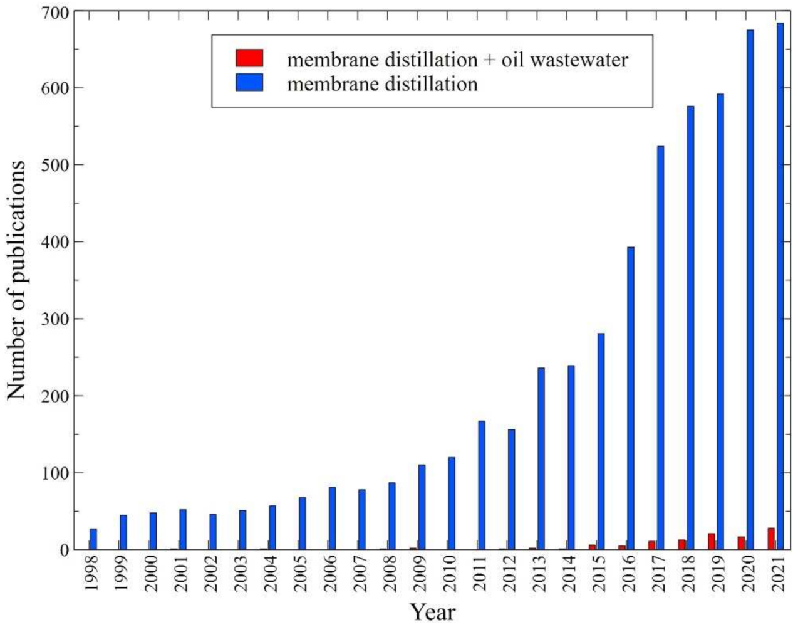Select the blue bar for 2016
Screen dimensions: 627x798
631,398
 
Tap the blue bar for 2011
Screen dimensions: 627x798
481,485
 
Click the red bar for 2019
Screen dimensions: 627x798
712,542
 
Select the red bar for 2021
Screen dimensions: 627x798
771,539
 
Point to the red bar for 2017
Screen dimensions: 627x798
651,545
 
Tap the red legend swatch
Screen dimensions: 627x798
249,58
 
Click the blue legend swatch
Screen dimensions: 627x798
249,83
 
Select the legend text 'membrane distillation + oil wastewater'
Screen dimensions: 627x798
457,60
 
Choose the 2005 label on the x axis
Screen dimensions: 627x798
301,574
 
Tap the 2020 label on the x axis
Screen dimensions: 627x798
749,574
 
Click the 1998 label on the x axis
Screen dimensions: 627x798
91,574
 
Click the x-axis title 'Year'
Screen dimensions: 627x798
432,611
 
